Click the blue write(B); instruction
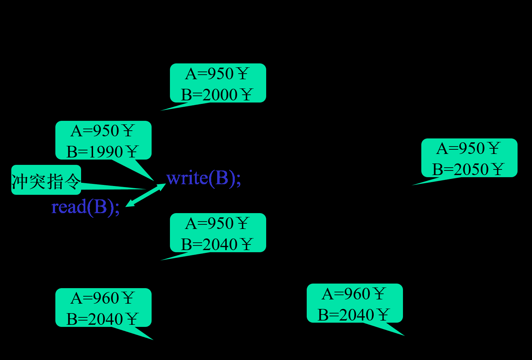coord(203,178)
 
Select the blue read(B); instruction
coord(85,207)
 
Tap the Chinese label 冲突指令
coord(46,181)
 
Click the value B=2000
coord(209,95)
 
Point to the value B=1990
coord(94,152)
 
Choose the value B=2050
coord(460,169)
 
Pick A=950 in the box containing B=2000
coord(209,74)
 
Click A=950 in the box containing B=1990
coord(95,131)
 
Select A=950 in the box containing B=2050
coord(460,149)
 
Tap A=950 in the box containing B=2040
coord(209,224)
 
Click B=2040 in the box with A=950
coord(209,244)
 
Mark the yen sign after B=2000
coord(247,95)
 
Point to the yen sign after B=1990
coord(132,152)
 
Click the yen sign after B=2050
coord(498,169)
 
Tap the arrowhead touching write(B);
coord(162,186)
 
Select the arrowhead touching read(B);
coord(129,204)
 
